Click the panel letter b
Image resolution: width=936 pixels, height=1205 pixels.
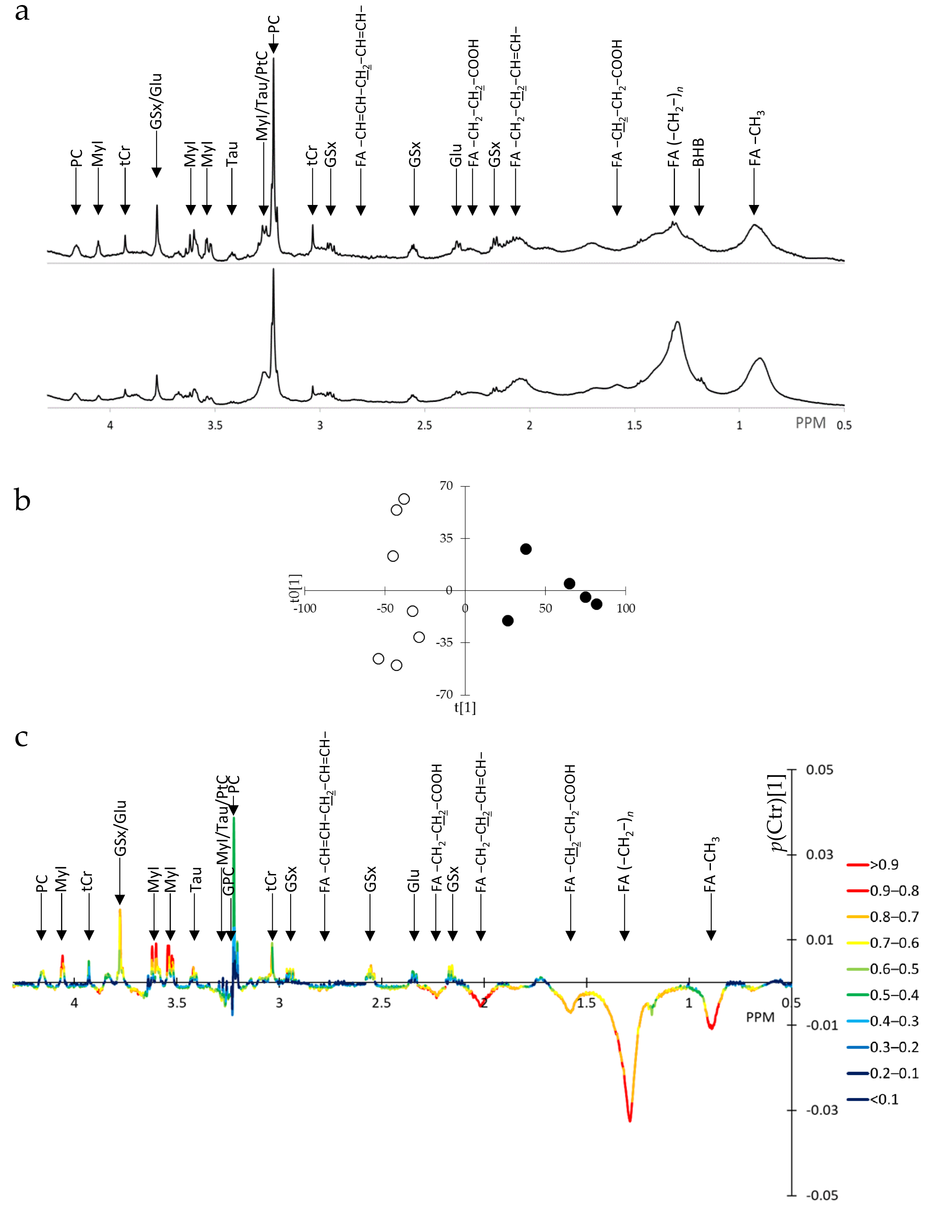[x=22, y=500]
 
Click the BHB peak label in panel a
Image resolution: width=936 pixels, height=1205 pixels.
[x=698, y=152]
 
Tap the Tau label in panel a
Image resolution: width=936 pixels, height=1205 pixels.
[x=232, y=153]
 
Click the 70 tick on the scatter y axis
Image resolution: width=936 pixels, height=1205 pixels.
[x=446, y=486]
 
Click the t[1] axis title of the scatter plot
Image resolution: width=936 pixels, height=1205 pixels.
[x=465, y=708]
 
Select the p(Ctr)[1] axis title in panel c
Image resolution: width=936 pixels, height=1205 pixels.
[x=778, y=813]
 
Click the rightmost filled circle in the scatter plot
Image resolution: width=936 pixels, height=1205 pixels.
[x=596, y=604]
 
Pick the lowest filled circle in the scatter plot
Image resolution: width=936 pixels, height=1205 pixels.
[x=508, y=621]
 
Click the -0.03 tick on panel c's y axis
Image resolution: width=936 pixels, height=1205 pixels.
[x=822, y=1110]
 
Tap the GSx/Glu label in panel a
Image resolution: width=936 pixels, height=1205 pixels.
[x=156, y=101]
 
